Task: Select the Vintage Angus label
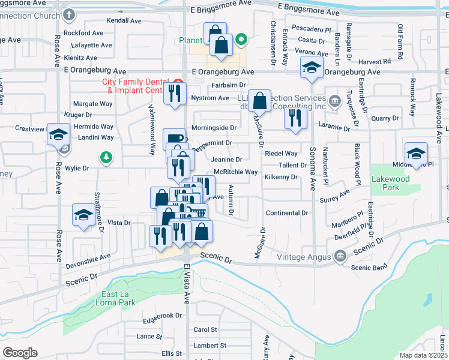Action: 304,257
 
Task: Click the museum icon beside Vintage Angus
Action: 340,257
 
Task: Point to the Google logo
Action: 20,352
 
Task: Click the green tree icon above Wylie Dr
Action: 106,157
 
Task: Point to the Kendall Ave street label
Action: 124,20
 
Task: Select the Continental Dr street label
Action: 286,213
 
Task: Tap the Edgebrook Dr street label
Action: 162,316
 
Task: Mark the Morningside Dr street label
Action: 214,128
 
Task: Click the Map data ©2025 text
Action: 423,355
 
